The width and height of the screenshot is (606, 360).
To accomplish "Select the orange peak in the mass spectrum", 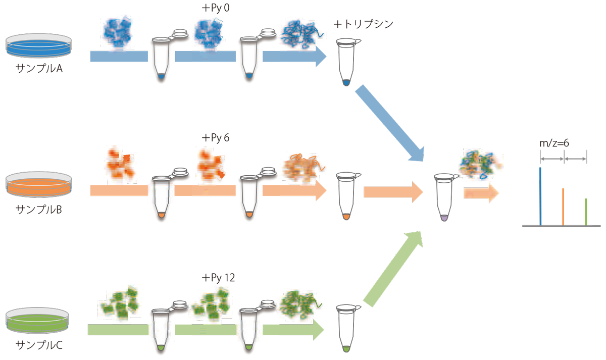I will click(x=563, y=207).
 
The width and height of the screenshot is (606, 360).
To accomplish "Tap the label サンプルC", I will click(x=38, y=345).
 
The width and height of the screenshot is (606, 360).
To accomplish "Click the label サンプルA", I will click(x=38, y=69).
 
